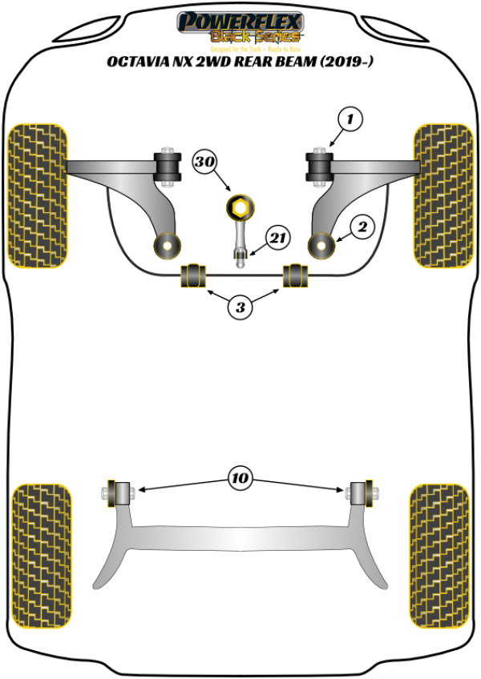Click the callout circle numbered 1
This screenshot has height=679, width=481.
(350, 120)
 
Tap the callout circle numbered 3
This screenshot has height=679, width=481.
(240, 306)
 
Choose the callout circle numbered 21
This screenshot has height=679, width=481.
(278, 238)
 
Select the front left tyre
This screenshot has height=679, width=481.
(37, 195)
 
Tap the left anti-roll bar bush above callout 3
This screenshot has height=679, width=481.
(193, 275)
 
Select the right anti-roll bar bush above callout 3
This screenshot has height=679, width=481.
(296, 275)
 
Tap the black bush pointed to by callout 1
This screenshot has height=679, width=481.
(319, 167)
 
